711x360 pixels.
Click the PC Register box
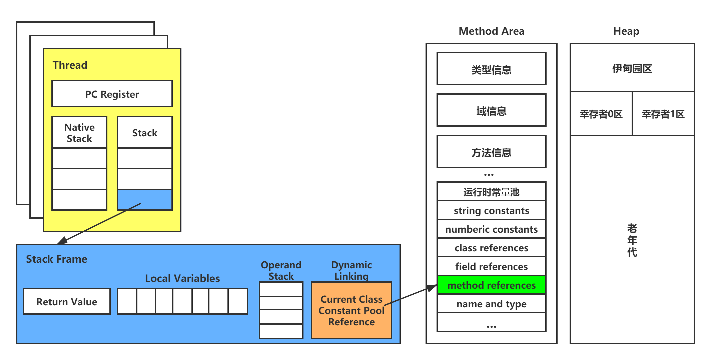point(112,94)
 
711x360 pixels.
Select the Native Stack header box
point(79,133)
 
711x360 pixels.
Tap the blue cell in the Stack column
point(145,200)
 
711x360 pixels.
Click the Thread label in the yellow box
point(70,65)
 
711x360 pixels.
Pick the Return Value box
point(67,302)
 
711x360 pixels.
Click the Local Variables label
point(182,278)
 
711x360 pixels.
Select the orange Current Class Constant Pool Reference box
point(351,310)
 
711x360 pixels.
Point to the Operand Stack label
point(281,270)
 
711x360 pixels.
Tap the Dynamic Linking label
point(351,270)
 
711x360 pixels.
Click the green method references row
point(491,285)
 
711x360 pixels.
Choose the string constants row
point(491,211)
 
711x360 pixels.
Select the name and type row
point(491,304)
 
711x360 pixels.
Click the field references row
point(491,267)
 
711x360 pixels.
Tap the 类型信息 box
point(491,69)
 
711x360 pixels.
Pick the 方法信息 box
point(491,152)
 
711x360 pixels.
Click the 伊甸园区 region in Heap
point(632,68)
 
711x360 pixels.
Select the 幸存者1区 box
point(663,114)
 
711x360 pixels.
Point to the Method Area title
point(491,31)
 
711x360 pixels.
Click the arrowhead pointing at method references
point(433,288)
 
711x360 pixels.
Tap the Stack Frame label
point(57,259)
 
